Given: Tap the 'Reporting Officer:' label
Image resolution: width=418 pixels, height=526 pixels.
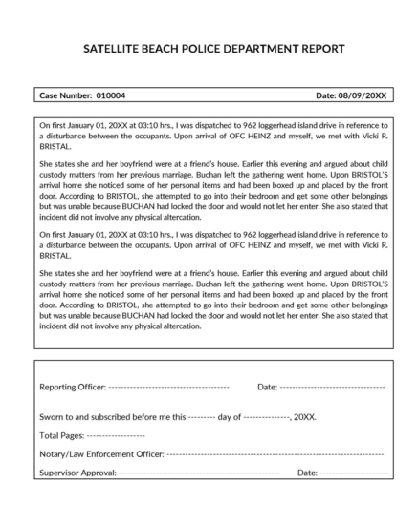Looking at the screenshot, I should (73, 387).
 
